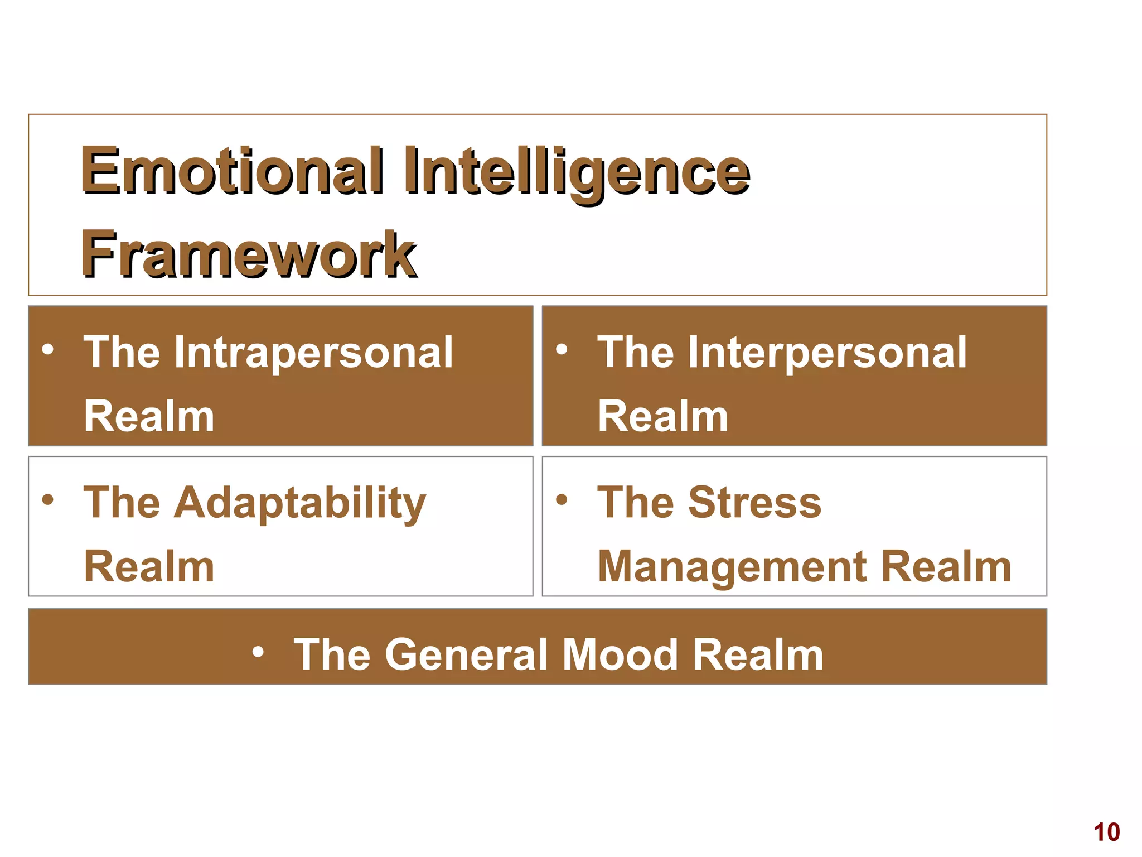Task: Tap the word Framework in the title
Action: pyautogui.click(x=249, y=254)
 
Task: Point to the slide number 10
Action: pyautogui.click(x=1106, y=832)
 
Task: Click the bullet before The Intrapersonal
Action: pyautogui.click(x=48, y=350)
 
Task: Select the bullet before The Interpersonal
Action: pyautogui.click(x=562, y=350)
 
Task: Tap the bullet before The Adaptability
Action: pyautogui.click(x=48, y=499)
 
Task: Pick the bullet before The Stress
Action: pyautogui.click(x=562, y=499)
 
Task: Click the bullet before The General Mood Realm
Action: pyautogui.click(x=258, y=651)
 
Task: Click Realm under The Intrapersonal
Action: pyautogui.click(x=149, y=417)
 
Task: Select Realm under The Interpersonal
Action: pyautogui.click(x=662, y=417)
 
